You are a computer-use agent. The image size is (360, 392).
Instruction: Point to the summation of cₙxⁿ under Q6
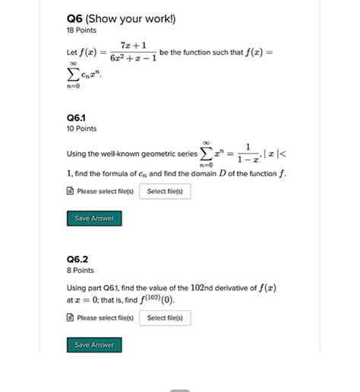point(84,76)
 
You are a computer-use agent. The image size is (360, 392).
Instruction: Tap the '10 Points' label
point(81,129)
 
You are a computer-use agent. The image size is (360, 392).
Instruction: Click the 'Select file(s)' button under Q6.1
point(165,191)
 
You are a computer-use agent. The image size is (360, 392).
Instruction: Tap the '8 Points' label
point(80,270)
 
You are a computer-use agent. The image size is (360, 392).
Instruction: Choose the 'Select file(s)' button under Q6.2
point(165,318)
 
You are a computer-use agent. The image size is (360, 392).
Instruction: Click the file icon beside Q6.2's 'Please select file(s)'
point(71,318)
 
